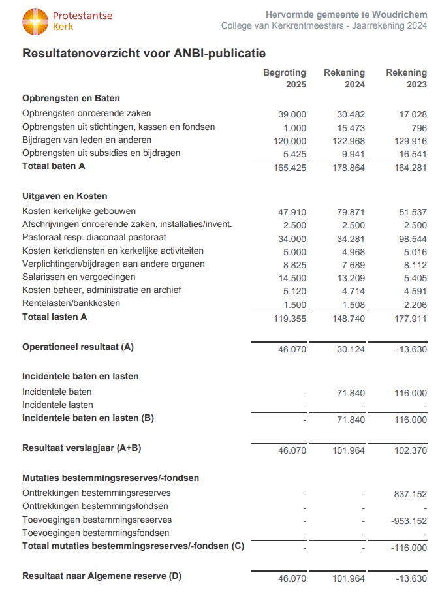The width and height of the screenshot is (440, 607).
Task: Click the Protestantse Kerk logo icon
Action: [x=35, y=21]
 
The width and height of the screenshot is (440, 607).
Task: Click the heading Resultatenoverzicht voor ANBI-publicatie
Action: [x=144, y=53]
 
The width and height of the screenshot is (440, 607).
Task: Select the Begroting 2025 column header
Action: [x=285, y=78]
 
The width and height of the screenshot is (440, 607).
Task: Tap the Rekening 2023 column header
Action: [x=406, y=78]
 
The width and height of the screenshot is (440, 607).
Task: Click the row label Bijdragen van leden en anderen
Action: [x=87, y=140]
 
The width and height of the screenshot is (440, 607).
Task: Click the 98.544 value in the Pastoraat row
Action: [x=412, y=239]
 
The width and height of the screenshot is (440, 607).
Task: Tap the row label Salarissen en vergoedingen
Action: [x=82, y=277]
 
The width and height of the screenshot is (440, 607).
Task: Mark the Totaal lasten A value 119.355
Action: [x=289, y=319]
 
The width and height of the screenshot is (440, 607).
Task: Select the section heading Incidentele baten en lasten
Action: [x=80, y=376]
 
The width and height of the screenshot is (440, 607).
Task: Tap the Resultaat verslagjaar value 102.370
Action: [x=410, y=450]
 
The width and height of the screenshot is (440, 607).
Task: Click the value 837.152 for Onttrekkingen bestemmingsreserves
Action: [x=410, y=495]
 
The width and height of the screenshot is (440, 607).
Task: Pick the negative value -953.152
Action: [x=409, y=521]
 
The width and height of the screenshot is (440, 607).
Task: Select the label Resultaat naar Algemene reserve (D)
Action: [x=102, y=576]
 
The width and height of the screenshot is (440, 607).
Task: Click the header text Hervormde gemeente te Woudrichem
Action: [x=347, y=14]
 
